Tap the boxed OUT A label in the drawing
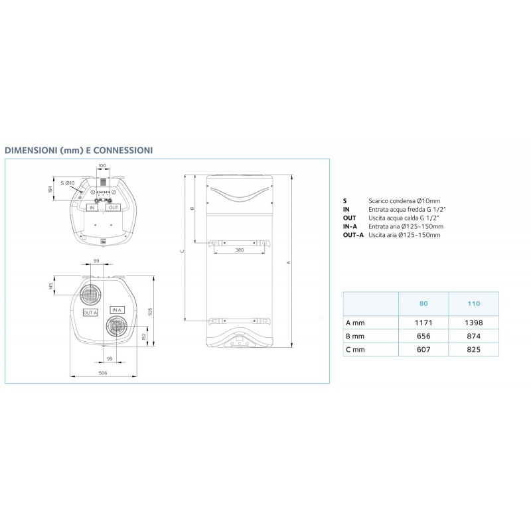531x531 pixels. click(x=90, y=312)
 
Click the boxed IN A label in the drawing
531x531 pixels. click(x=117, y=310)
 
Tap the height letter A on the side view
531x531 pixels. click(x=288, y=262)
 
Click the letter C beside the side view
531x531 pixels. click(x=181, y=252)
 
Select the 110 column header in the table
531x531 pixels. click(x=473, y=303)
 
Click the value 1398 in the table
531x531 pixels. click(x=473, y=323)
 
